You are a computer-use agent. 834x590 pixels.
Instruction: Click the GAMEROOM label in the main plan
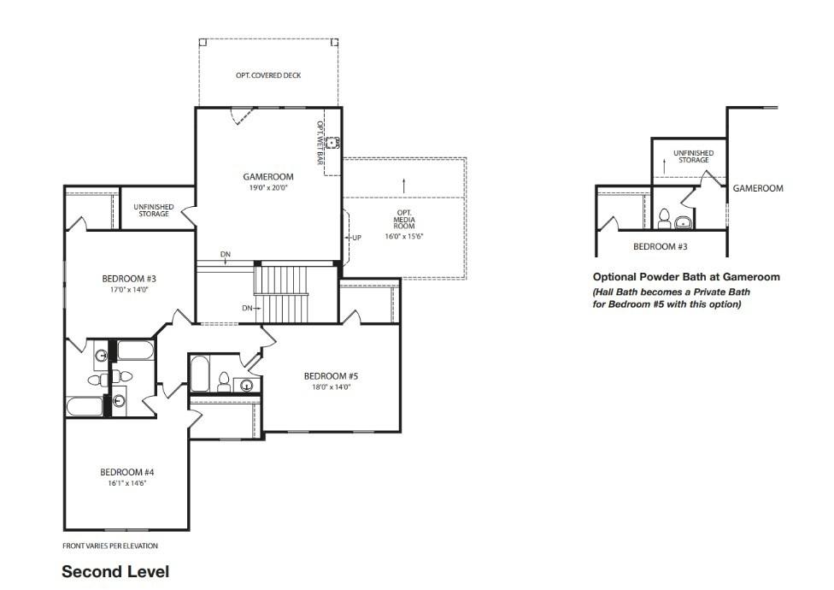pyautogui.click(x=268, y=177)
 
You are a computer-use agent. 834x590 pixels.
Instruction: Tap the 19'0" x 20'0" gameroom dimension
pyautogui.click(x=268, y=188)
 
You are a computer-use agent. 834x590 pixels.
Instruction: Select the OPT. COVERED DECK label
pyautogui.click(x=268, y=75)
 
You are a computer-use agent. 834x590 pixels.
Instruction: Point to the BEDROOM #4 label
pyautogui.click(x=127, y=472)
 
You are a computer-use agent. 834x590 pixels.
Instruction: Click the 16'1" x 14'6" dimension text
pyautogui.click(x=127, y=484)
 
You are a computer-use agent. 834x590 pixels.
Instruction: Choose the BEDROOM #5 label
pyautogui.click(x=331, y=376)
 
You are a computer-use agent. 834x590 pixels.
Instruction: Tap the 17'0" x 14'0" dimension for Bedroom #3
pyautogui.click(x=129, y=290)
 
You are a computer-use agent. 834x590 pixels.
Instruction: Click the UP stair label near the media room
pyautogui.click(x=356, y=238)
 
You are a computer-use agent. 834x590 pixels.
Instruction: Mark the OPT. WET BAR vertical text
pyautogui.click(x=320, y=143)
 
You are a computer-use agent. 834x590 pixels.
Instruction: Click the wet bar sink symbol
pyautogui.click(x=333, y=143)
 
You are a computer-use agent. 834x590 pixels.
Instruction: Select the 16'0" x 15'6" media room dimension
pyautogui.click(x=404, y=236)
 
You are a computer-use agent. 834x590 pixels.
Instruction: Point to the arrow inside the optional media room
pyautogui.click(x=404, y=186)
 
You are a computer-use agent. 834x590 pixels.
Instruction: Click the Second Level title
pyautogui.click(x=115, y=572)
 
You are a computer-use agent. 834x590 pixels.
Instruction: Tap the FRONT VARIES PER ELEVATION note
pyautogui.click(x=110, y=546)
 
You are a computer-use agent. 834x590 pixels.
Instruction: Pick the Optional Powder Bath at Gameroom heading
pyautogui.click(x=686, y=277)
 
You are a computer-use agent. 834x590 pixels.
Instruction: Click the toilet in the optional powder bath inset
pyautogui.click(x=664, y=219)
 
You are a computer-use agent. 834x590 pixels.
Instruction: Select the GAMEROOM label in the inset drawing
pyautogui.click(x=758, y=188)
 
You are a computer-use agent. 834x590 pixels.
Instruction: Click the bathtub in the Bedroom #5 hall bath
pyautogui.click(x=200, y=374)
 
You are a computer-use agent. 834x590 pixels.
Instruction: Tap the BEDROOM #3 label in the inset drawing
pyautogui.click(x=660, y=247)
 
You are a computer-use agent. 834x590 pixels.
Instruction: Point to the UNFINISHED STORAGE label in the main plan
pyautogui.click(x=154, y=210)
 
